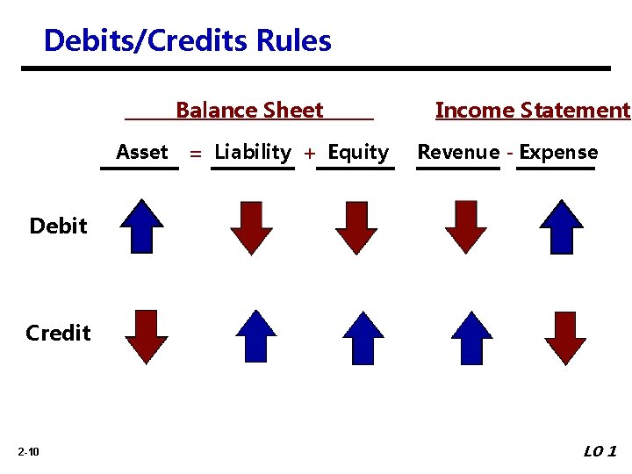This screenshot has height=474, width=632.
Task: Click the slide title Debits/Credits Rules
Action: tap(187, 41)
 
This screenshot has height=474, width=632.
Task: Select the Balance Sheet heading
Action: tap(249, 111)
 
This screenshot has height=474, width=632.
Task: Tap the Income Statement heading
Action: tap(532, 111)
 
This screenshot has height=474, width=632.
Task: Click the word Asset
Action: tap(141, 153)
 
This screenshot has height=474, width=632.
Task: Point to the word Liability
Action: tap(253, 153)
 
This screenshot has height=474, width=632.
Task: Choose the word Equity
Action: tap(357, 153)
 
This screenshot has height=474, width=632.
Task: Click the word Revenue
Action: tap(457, 153)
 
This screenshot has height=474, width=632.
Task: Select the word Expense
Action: tap(558, 153)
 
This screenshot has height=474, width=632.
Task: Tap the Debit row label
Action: tap(58, 226)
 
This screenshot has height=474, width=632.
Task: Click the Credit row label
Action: tap(58, 334)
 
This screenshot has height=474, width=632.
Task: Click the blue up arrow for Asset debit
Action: tap(141, 226)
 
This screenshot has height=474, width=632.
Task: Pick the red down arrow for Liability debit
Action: tap(251, 227)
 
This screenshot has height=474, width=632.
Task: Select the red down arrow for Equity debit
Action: tap(356, 227)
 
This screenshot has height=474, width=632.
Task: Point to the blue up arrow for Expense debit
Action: tap(561, 226)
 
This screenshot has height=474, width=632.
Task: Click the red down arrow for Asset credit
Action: tap(146, 336)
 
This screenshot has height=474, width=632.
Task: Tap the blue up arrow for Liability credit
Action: tap(256, 336)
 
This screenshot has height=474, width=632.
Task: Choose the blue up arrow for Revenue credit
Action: tap(471, 337)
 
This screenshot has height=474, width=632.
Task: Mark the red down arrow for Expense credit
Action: tap(565, 337)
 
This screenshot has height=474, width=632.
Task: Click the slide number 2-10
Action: tap(28, 452)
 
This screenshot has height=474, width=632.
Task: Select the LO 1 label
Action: tap(600, 451)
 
